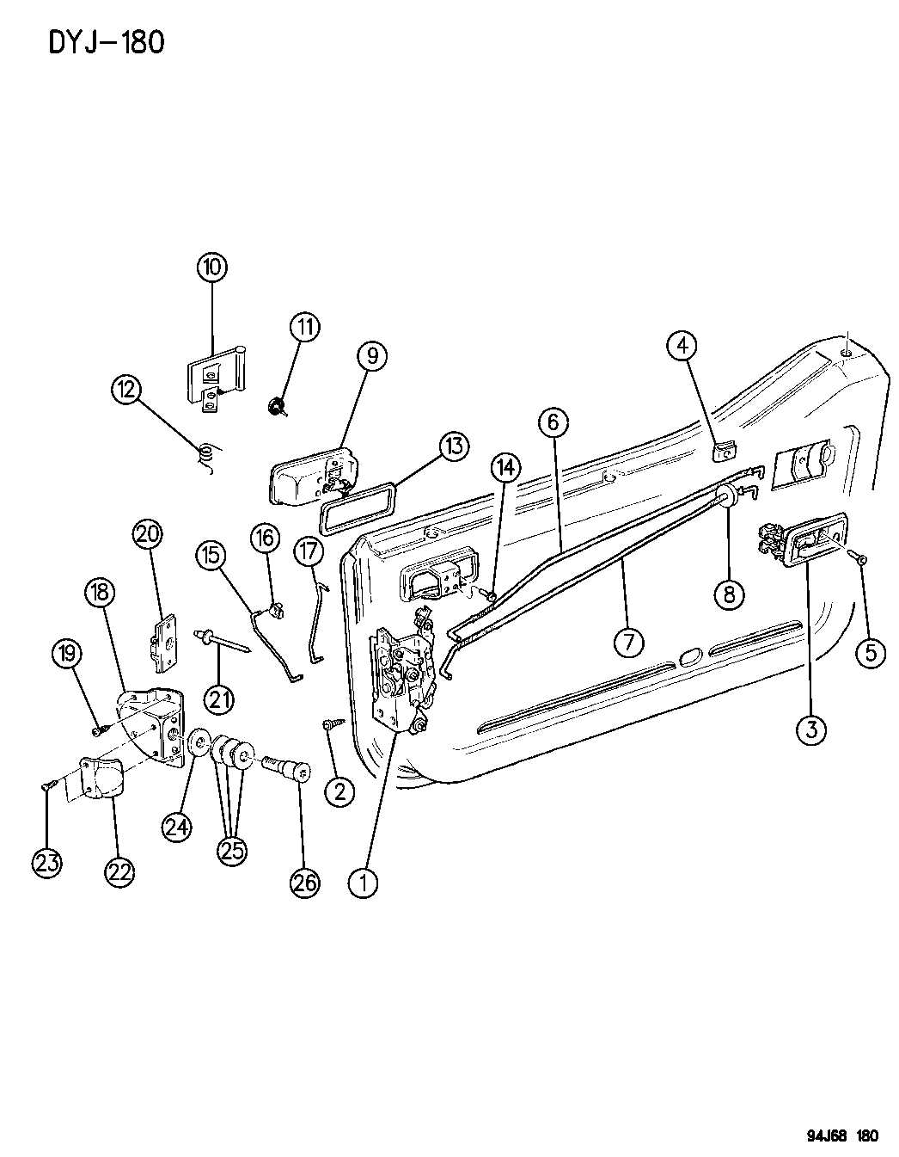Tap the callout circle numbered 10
[x=211, y=267]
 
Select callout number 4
[x=682, y=346]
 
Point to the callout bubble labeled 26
[x=305, y=882]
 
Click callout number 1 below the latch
[x=363, y=882]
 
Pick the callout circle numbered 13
[x=454, y=446]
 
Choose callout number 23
[x=47, y=862]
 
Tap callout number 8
[x=729, y=593]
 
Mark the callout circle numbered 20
[x=148, y=534]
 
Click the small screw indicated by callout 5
[x=859, y=559]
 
